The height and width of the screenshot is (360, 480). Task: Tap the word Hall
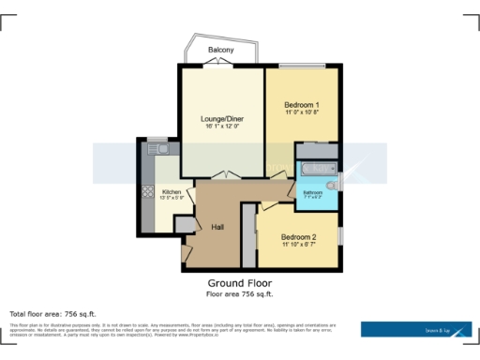click(217, 228)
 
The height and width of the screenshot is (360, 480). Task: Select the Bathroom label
click(311, 192)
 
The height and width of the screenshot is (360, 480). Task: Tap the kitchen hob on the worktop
click(147, 191)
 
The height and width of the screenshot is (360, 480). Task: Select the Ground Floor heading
click(240, 282)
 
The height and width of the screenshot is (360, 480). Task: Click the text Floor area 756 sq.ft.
click(240, 293)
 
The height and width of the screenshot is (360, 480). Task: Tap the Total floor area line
click(52, 313)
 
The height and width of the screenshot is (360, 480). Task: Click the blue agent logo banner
click(416, 329)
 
